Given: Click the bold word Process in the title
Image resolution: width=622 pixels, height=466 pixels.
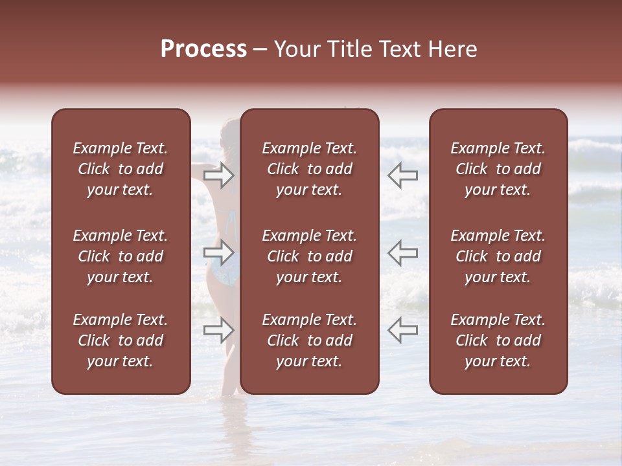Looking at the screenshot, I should coord(203,49).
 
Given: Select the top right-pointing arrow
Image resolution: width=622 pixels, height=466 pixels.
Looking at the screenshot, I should coord(219,175).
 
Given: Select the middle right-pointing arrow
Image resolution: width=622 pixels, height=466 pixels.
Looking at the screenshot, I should coord(219,252).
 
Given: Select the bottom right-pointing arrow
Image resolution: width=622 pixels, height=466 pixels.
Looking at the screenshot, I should coord(219,329).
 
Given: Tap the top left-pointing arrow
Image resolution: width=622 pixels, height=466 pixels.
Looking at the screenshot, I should coord(402,175).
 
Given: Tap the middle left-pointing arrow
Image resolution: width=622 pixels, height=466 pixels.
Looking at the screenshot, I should coord(402,252).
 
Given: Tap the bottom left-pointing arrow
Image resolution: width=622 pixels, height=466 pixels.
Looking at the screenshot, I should coord(402,329).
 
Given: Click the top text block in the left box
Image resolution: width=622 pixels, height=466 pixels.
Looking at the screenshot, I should coord(121,169).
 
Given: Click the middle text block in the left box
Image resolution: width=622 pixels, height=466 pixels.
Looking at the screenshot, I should coord(121,256).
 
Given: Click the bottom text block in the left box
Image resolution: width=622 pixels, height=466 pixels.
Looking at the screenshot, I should coord(121,340).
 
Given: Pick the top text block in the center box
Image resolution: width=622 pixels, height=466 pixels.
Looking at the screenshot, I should coord(309,169).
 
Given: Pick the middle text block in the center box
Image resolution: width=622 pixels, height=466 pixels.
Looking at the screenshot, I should coord(309,256).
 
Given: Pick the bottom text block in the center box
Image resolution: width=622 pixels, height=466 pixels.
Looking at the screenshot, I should coord(309,340).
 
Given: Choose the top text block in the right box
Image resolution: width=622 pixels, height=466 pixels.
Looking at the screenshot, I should coord(498,169).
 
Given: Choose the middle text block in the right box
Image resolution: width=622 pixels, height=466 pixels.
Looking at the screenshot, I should coord(498,256).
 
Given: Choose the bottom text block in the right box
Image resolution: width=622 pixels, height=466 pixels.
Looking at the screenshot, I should coord(498,340).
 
